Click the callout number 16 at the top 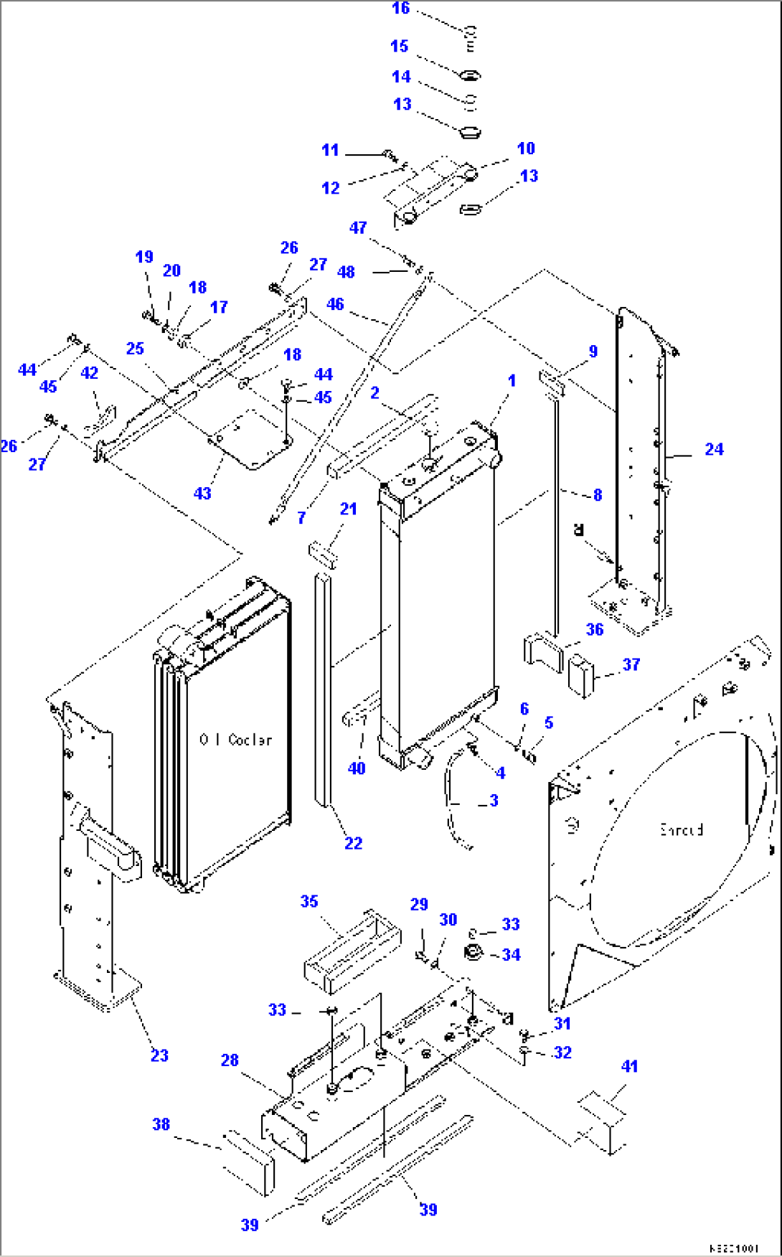tap(400, 9)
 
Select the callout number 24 tap(713, 449)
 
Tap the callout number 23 tap(159, 1055)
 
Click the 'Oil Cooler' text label tap(235, 740)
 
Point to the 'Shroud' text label tap(681, 830)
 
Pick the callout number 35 tap(308, 901)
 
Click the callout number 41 tap(629, 1066)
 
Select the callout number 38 tap(161, 1124)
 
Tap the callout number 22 tap(353, 844)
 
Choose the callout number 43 tap(202, 494)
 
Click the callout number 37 tap(631, 664)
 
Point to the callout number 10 tap(526, 149)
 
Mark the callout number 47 tap(357, 228)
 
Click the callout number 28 tap(230, 1060)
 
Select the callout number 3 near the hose tap(494, 801)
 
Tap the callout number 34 tap(511, 955)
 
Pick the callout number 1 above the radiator tap(512, 381)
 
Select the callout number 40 tap(357, 768)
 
